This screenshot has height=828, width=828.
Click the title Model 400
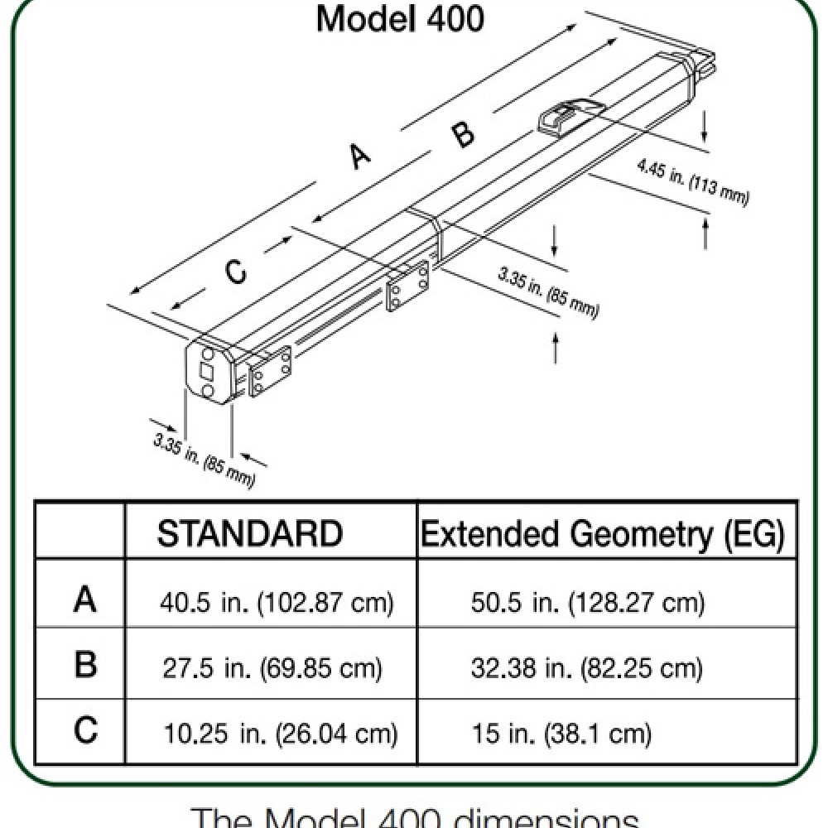click(400, 20)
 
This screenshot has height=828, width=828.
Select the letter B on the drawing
click(464, 132)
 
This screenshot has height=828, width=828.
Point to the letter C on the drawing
click(236, 271)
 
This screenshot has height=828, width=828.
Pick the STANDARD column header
click(249, 534)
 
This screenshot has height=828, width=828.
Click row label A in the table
click(84, 599)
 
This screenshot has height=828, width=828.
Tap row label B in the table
click(84, 665)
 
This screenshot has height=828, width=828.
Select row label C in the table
click(84, 730)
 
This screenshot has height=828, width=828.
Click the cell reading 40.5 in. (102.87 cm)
click(275, 602)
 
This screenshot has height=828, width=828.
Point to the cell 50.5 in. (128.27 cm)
click(588, 602)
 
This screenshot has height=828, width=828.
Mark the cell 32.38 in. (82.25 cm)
click(586, 667)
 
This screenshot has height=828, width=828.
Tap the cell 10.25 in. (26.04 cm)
click(278, 733)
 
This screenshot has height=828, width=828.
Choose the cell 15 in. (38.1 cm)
click(561, 733)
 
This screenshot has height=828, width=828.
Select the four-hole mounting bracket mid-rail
click(407, 286)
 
